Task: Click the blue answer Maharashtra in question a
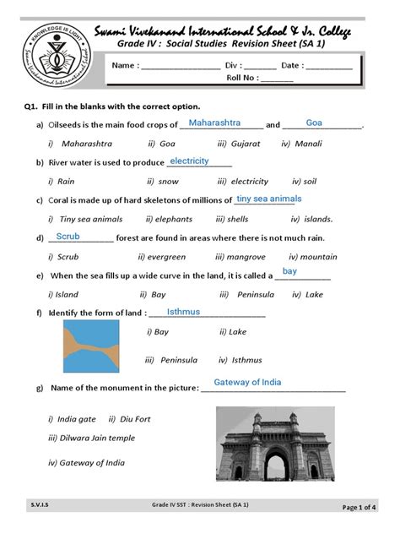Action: [221, 123]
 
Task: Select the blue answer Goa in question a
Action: [315, 123]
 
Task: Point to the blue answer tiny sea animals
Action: [268, 199]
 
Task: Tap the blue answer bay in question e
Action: [289, 271]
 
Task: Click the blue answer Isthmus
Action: [183, 312]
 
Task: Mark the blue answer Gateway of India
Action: [248, 383]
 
